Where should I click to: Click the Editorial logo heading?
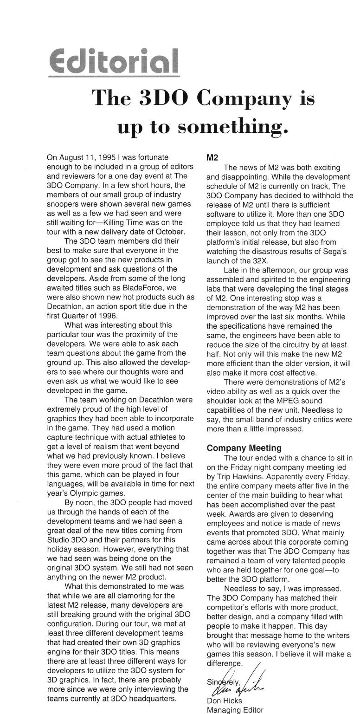114,62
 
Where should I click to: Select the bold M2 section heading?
212,157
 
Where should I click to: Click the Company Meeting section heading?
244,448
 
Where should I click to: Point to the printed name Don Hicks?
224,701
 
